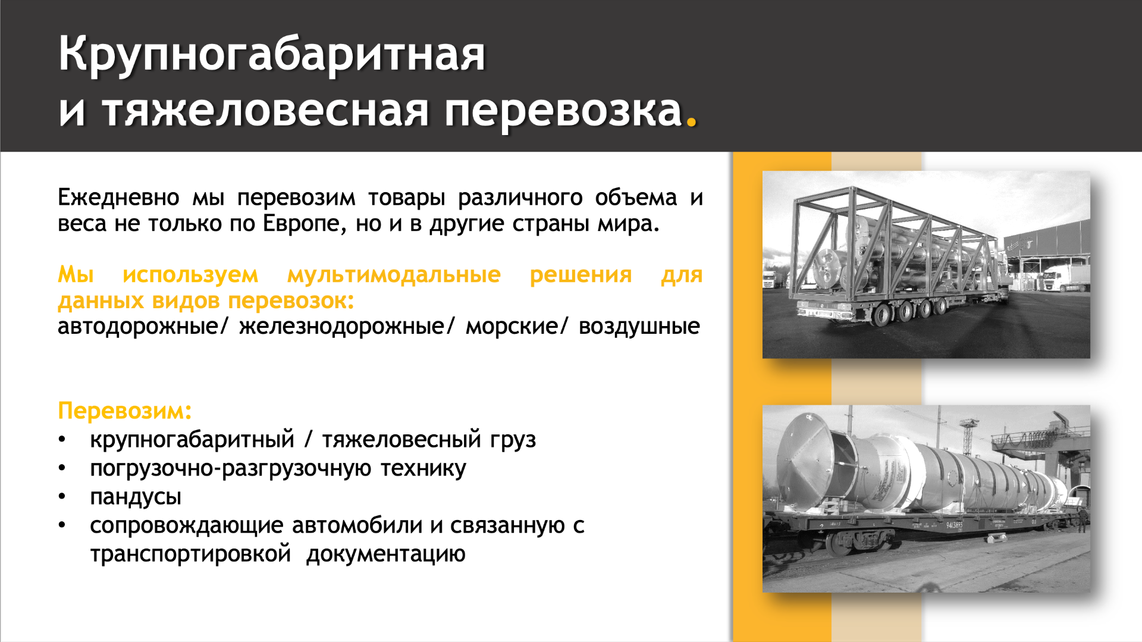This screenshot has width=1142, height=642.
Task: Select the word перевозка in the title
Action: [x=563, y=112]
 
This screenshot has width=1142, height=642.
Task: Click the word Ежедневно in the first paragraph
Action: [x=118, y=197]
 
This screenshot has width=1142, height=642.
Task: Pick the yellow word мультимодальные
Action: [x=394, y=275]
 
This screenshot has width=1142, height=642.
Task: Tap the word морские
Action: [x=512, y=327]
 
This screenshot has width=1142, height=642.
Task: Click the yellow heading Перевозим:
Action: [x=125, y=411]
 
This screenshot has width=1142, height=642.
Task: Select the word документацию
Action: [x=386, y=555]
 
